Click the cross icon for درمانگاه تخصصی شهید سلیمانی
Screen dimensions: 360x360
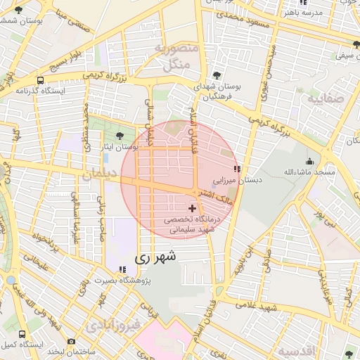point(193,209)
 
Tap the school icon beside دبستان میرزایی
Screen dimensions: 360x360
point(238,169)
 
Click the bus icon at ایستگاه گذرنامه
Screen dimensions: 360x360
point(41,80)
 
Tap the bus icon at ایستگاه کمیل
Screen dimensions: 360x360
point(22,335)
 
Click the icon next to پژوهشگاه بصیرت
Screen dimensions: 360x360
point(123,269)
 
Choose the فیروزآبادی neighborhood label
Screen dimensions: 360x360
point(112,326)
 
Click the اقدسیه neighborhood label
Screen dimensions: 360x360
point(297,349)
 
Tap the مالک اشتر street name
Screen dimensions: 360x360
point(215,196)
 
